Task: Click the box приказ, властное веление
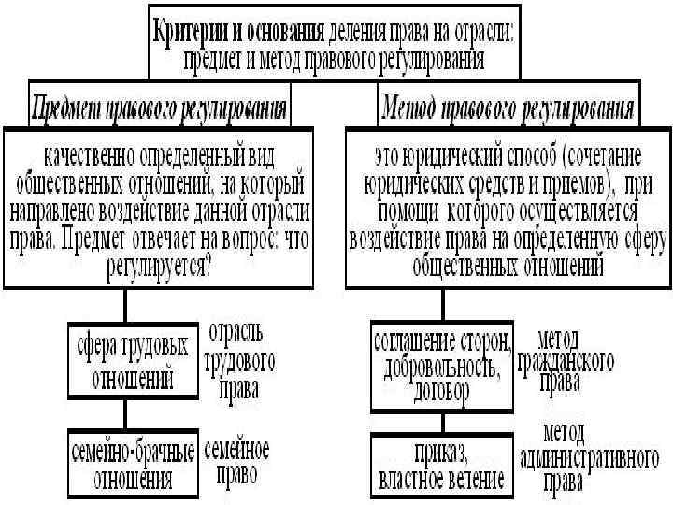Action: point(442,466)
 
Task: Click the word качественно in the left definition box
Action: point(86,150)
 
